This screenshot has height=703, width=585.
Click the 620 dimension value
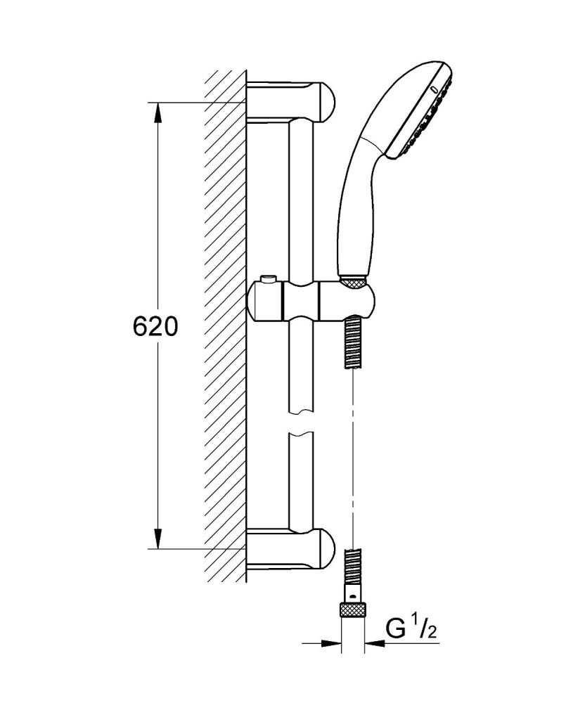point(155,326)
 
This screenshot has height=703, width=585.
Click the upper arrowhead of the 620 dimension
point(157,112)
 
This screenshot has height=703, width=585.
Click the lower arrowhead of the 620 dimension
point(157,538)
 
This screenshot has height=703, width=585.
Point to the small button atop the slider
point(270,280)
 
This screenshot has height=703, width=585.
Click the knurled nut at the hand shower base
point(353,282)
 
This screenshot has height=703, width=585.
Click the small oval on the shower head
point(434,89)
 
